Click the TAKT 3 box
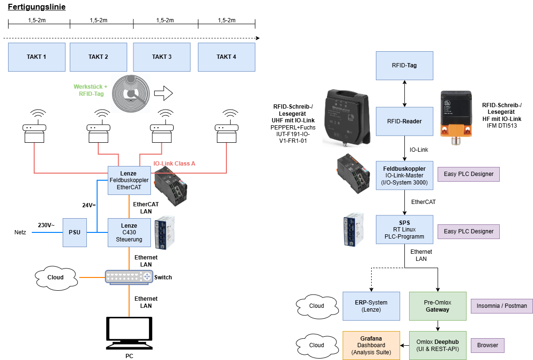162,57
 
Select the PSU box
75,232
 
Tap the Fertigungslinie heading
37,7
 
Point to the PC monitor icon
129,332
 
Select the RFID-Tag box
404,65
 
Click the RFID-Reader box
404,121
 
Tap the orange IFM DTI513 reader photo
457,114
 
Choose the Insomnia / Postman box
501,306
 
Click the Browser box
487,345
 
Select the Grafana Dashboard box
371,345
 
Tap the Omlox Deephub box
438,345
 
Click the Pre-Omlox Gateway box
438,306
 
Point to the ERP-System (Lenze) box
371,306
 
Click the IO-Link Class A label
174,164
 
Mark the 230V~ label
47,225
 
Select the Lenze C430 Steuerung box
129,232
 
